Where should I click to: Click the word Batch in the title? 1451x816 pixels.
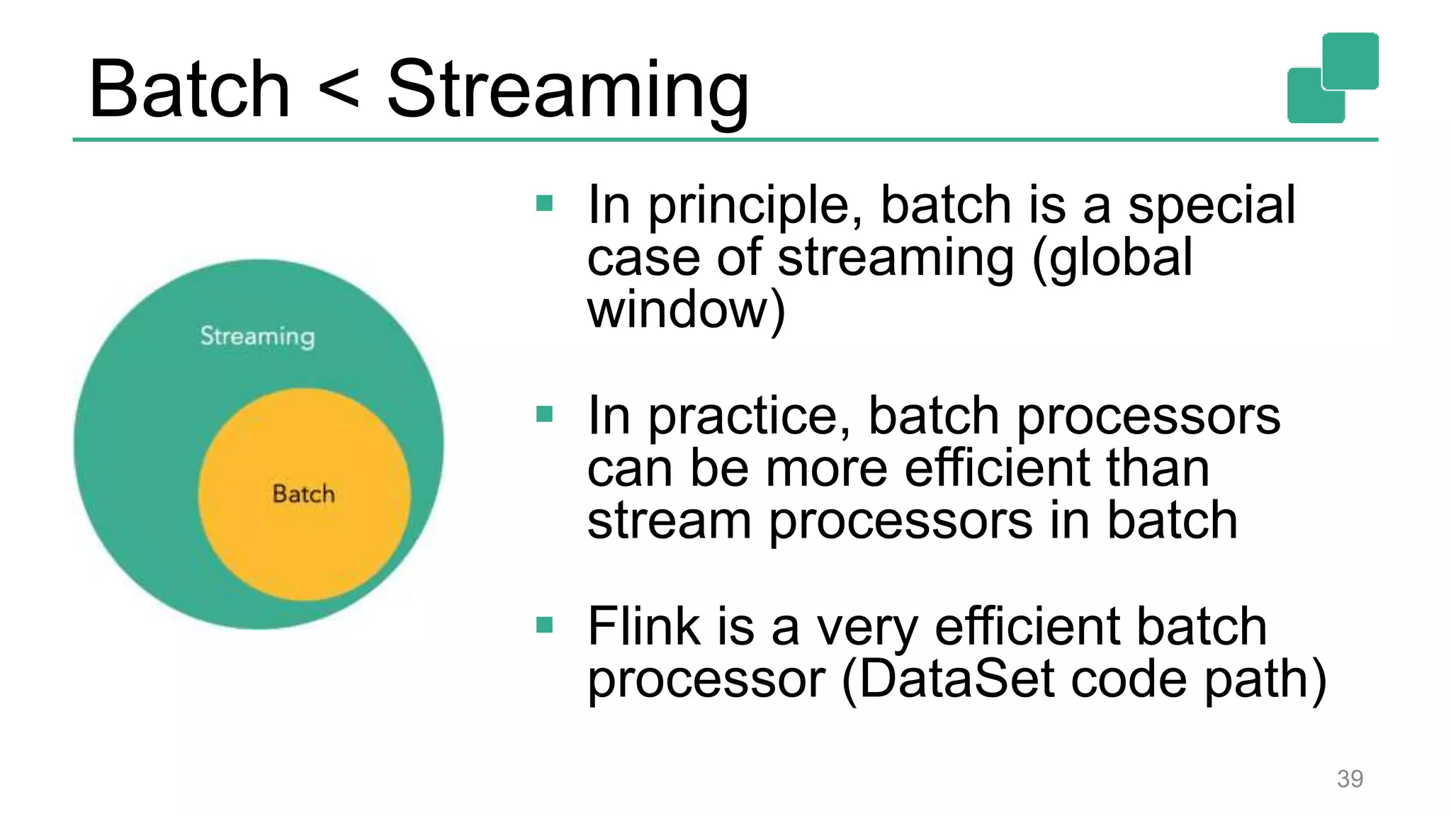[x=189, y=89]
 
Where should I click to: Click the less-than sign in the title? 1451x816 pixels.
[x=339, y=91]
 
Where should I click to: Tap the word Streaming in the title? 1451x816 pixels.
[x=568, y=92]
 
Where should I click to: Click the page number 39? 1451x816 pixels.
[x=1350, y=778]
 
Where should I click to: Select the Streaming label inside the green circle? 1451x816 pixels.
[x=257, y=336]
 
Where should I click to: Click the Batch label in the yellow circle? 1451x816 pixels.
[x=303, y=494]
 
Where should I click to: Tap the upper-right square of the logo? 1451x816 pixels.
[x=1350, y=60]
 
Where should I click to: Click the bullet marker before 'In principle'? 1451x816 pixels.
[x=544, y=204]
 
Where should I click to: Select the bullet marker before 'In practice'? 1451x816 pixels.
[x=544, y=414]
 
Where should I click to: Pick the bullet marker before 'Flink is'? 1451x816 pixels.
[x=544, y=625]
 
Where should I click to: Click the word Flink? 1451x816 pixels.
[x=643, y=626]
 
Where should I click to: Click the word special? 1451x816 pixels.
[x=1212, y=205]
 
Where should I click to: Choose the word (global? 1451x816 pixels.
[x=1112, y=258]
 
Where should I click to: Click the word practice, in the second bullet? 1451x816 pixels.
[x=750, y=417]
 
